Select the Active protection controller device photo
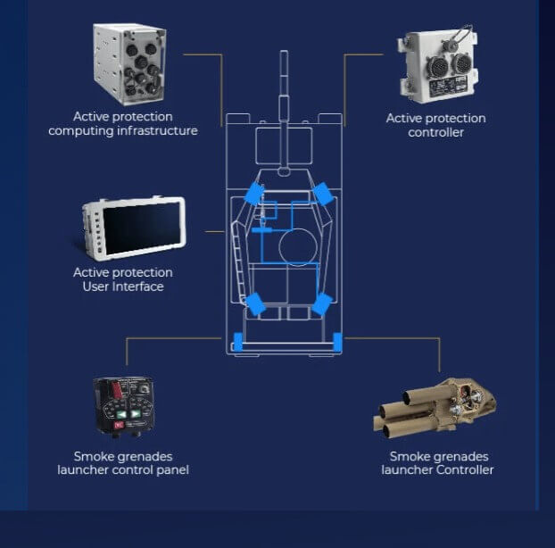(437, 67)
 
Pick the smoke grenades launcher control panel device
(123, 406)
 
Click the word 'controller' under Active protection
(436, 133)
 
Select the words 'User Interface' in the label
(122, 286)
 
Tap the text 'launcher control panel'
(122, 470)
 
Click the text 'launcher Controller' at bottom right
(437, 470)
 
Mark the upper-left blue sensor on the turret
(254, 194)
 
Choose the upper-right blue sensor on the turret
(322, 193)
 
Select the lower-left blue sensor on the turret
(255, 303)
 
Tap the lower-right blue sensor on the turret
(321, 303)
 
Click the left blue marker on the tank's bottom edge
(237, 341)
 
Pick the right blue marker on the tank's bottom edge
(337, 341)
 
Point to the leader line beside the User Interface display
(214, 232)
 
